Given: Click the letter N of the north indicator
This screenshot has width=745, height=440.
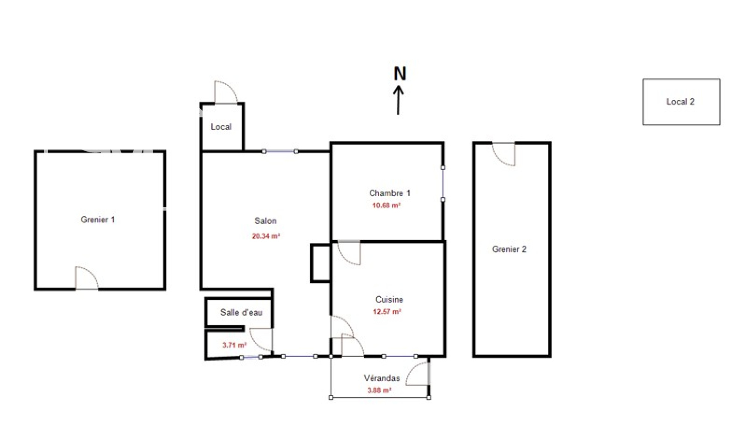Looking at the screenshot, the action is [x=400, y=74].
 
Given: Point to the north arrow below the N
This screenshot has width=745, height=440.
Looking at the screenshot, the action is [x=398, y=100].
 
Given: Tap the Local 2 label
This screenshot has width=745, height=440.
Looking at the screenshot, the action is [x=680, y=102].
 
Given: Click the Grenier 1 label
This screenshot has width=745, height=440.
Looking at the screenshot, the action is [x=98, y=220].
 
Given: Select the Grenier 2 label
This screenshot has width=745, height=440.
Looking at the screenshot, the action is [x=509, y=249].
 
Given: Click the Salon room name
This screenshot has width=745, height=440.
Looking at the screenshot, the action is [x=265, y=220].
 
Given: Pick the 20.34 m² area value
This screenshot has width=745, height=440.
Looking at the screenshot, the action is [x=266, y=236].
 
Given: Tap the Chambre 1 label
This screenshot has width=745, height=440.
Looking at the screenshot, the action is [x=389, y=193].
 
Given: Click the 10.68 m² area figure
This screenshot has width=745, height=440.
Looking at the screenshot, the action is [x=386, y=205].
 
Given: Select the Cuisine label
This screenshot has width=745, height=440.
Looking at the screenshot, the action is [x=389, y=300].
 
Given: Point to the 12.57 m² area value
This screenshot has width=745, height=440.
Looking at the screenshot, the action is [x=387, y=311].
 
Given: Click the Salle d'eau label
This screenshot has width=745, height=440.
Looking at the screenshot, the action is [x=241, y=312].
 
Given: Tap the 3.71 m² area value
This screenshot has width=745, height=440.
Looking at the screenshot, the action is [x=235, y=345].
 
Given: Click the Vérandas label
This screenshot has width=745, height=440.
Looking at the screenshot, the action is [x=381, y=378].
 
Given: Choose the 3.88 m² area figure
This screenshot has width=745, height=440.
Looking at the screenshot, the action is [x=379, y=390].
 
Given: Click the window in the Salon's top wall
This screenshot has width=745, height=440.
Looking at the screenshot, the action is [x=280, y=151].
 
